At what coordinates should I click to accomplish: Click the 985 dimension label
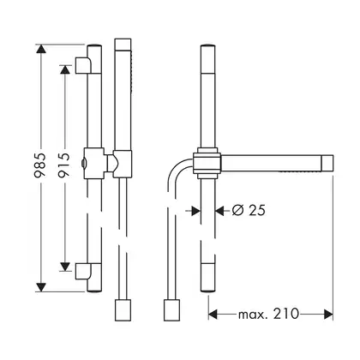point(40,165)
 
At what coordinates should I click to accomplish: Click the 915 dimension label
point(64,165)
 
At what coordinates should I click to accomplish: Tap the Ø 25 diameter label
point(249,211)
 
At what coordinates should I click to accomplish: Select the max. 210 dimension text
point(268,314)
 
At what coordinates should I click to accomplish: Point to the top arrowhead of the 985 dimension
point(41,49)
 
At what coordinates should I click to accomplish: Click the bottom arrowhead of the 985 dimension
point(41,287)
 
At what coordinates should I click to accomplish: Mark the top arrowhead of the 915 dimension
point(65,69)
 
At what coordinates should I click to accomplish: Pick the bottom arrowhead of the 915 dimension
point(65,267)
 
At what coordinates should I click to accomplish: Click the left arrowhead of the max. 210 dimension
point(213,315)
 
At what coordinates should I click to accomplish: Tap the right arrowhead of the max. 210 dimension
point(328,315)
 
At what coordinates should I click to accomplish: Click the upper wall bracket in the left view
point(83,65)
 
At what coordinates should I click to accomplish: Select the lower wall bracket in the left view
point(83,271)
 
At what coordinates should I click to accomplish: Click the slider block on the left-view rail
point(94,163)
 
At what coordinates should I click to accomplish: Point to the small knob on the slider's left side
point(82,163)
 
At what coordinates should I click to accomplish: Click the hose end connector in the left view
point(123,309)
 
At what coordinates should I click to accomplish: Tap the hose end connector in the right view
point(171,309)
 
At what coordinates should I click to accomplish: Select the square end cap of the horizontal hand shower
point(327,164)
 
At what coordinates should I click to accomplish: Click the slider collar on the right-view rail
point(207,163)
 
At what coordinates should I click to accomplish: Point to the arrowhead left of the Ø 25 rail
point(195,211)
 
